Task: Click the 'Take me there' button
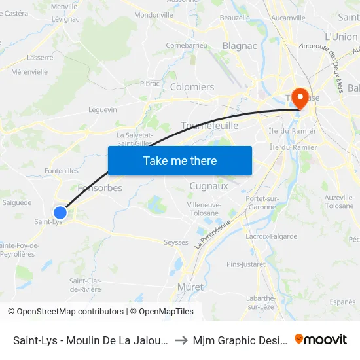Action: pos(179,160)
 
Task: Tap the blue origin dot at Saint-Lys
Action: pos(60,212)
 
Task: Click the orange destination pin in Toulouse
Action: pos(300,99)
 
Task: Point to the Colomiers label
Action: pos(192,86)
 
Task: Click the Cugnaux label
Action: pos(208,186)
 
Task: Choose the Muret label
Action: pos(190,287)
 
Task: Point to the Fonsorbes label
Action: pos(99,188)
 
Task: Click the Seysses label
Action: pos(175,242)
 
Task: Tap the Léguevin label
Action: pos(102,109)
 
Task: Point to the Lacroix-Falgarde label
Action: pos(271,236)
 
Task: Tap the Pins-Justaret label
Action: pos(246,264)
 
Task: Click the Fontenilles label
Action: pos(62,171)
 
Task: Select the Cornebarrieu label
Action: pos(187,45)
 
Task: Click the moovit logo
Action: pos(320,339)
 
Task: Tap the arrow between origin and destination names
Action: pos(182,340)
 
